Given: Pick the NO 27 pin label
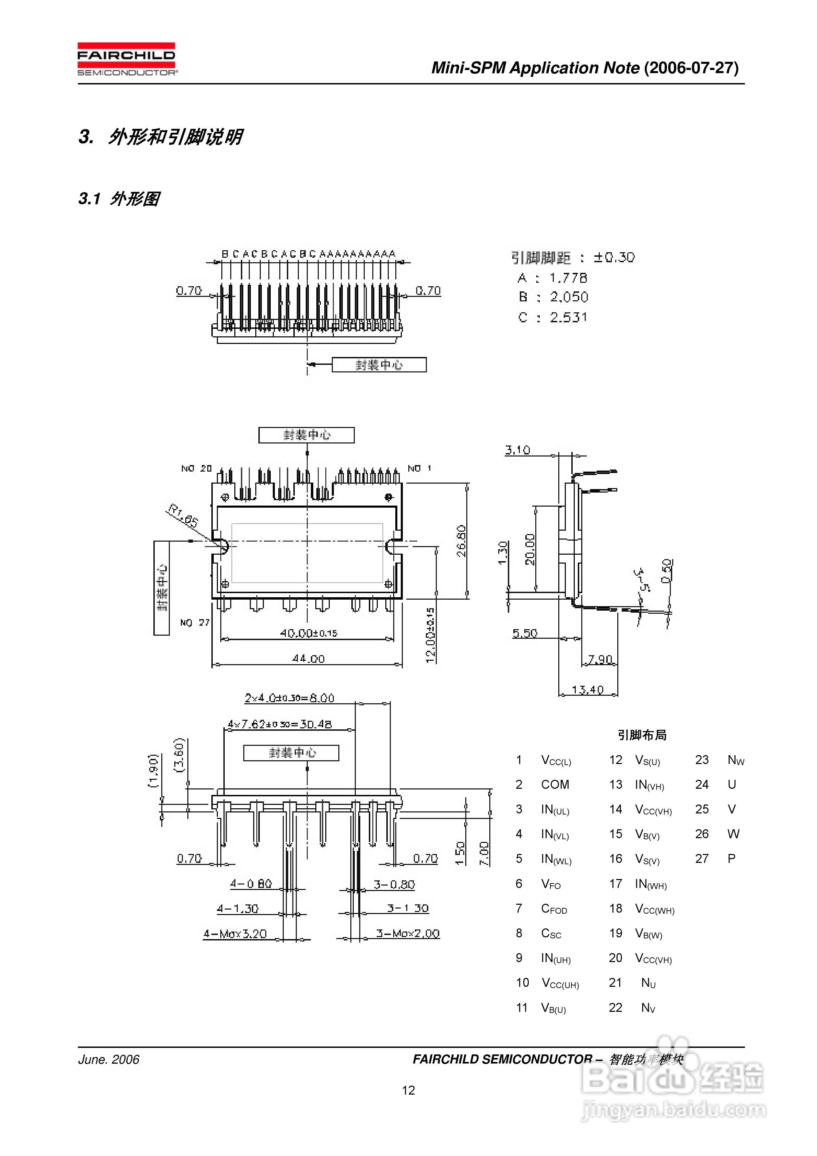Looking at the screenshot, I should pyautogui.click(x=195, y=623).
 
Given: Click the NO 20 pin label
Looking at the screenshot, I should pyautogui.click(x=196, y=468).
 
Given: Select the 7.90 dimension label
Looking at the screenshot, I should pyautogui.click(x=600, y=659).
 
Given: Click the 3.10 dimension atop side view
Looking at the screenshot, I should pyautogui.click(x=517, y=450).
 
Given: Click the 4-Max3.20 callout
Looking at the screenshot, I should pyautogui.click(x=235, y=934).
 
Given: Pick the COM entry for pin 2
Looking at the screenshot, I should pyautogui.click(x=555, y=784).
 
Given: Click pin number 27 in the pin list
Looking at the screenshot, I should pyautogui.click(x=702, y=858).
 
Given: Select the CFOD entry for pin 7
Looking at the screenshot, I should pyautogui.click(x=554, y=908).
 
